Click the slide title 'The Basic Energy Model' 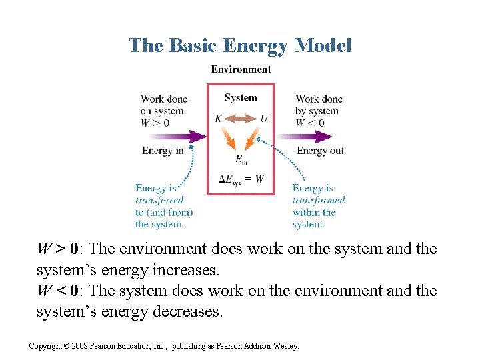pyautogui.click(x=240, y=45)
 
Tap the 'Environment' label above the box pyautogui.click(x=241, y=69)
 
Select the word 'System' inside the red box pyautogui.click(x=241, y=97)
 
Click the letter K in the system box pyautogui.click(x=219, y=119)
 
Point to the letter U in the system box pyautogui.click(x=264, y=119)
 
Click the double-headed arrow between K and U pyautogui.click(x=241, y=119)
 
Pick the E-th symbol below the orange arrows pyautogui.click(x=241, y=159)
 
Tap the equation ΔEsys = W pyautogui.click(x=241, y=179)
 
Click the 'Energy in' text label pyautogui.click(x=163, y=151)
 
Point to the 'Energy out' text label pyautogui.click(x=320, y=151)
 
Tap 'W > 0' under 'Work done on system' pyautogui.click(x=155, y=123)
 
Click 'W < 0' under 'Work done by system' pyautogui.click(x=310, y=123)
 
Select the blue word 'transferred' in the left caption pyautogui.click(x=159, y=200)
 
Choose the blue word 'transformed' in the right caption pyautogui.click(x=319, y=200)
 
